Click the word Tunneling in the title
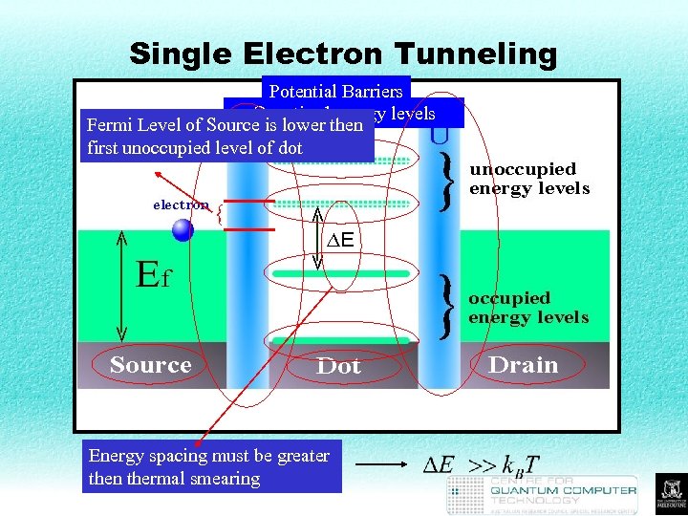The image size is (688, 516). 476,54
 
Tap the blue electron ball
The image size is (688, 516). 183,230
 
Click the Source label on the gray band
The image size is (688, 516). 150,365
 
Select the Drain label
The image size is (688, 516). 523,365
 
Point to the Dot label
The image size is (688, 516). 338,366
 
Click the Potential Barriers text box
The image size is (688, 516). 335,91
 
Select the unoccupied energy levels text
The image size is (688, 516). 528,179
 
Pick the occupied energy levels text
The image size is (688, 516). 527,308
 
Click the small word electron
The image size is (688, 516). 181,204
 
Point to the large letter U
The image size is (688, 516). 439,135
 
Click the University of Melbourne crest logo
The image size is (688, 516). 670,493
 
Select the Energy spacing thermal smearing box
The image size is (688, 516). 211,467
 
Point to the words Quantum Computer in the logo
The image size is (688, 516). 563,490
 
